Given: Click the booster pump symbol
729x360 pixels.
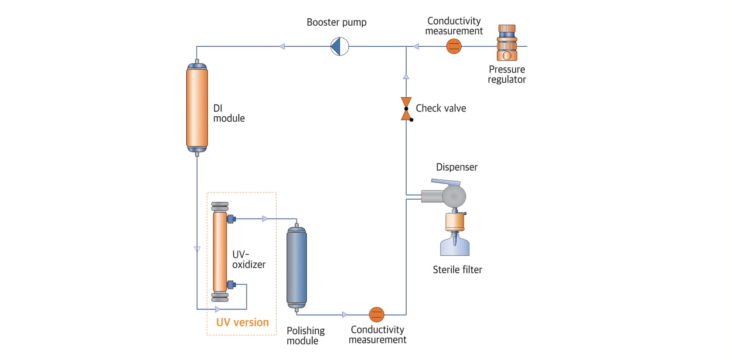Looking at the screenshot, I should [340, 47].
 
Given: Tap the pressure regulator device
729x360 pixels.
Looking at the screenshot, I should [507, 43].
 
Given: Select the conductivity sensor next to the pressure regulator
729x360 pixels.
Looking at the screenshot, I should [454, 46].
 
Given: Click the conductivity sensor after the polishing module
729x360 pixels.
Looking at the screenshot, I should [377, 314].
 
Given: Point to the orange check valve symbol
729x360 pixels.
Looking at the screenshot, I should [406, 109].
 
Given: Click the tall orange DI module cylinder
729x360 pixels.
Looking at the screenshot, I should [197, 108].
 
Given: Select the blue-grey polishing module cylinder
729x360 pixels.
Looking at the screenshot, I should [296, 267].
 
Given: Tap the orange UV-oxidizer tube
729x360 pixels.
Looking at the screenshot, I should [220, 252].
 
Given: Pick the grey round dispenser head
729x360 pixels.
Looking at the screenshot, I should [454, 196].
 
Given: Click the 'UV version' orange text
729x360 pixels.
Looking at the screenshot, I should [242, 323].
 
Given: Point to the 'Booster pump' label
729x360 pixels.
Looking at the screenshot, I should [337, 22].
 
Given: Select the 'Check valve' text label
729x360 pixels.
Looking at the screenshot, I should [441, 108].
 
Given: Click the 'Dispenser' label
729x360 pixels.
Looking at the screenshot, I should [456, 167].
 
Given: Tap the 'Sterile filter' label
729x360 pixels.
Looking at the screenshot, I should [457, 270].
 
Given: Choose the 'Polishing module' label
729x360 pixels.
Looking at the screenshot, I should [305, 336].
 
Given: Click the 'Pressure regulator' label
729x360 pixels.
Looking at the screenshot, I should [507, 75].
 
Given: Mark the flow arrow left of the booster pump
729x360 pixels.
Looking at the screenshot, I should [282, 46].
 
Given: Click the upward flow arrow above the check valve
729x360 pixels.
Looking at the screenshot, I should [406, 77].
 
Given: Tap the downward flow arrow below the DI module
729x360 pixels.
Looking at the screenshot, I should [197, 249].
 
